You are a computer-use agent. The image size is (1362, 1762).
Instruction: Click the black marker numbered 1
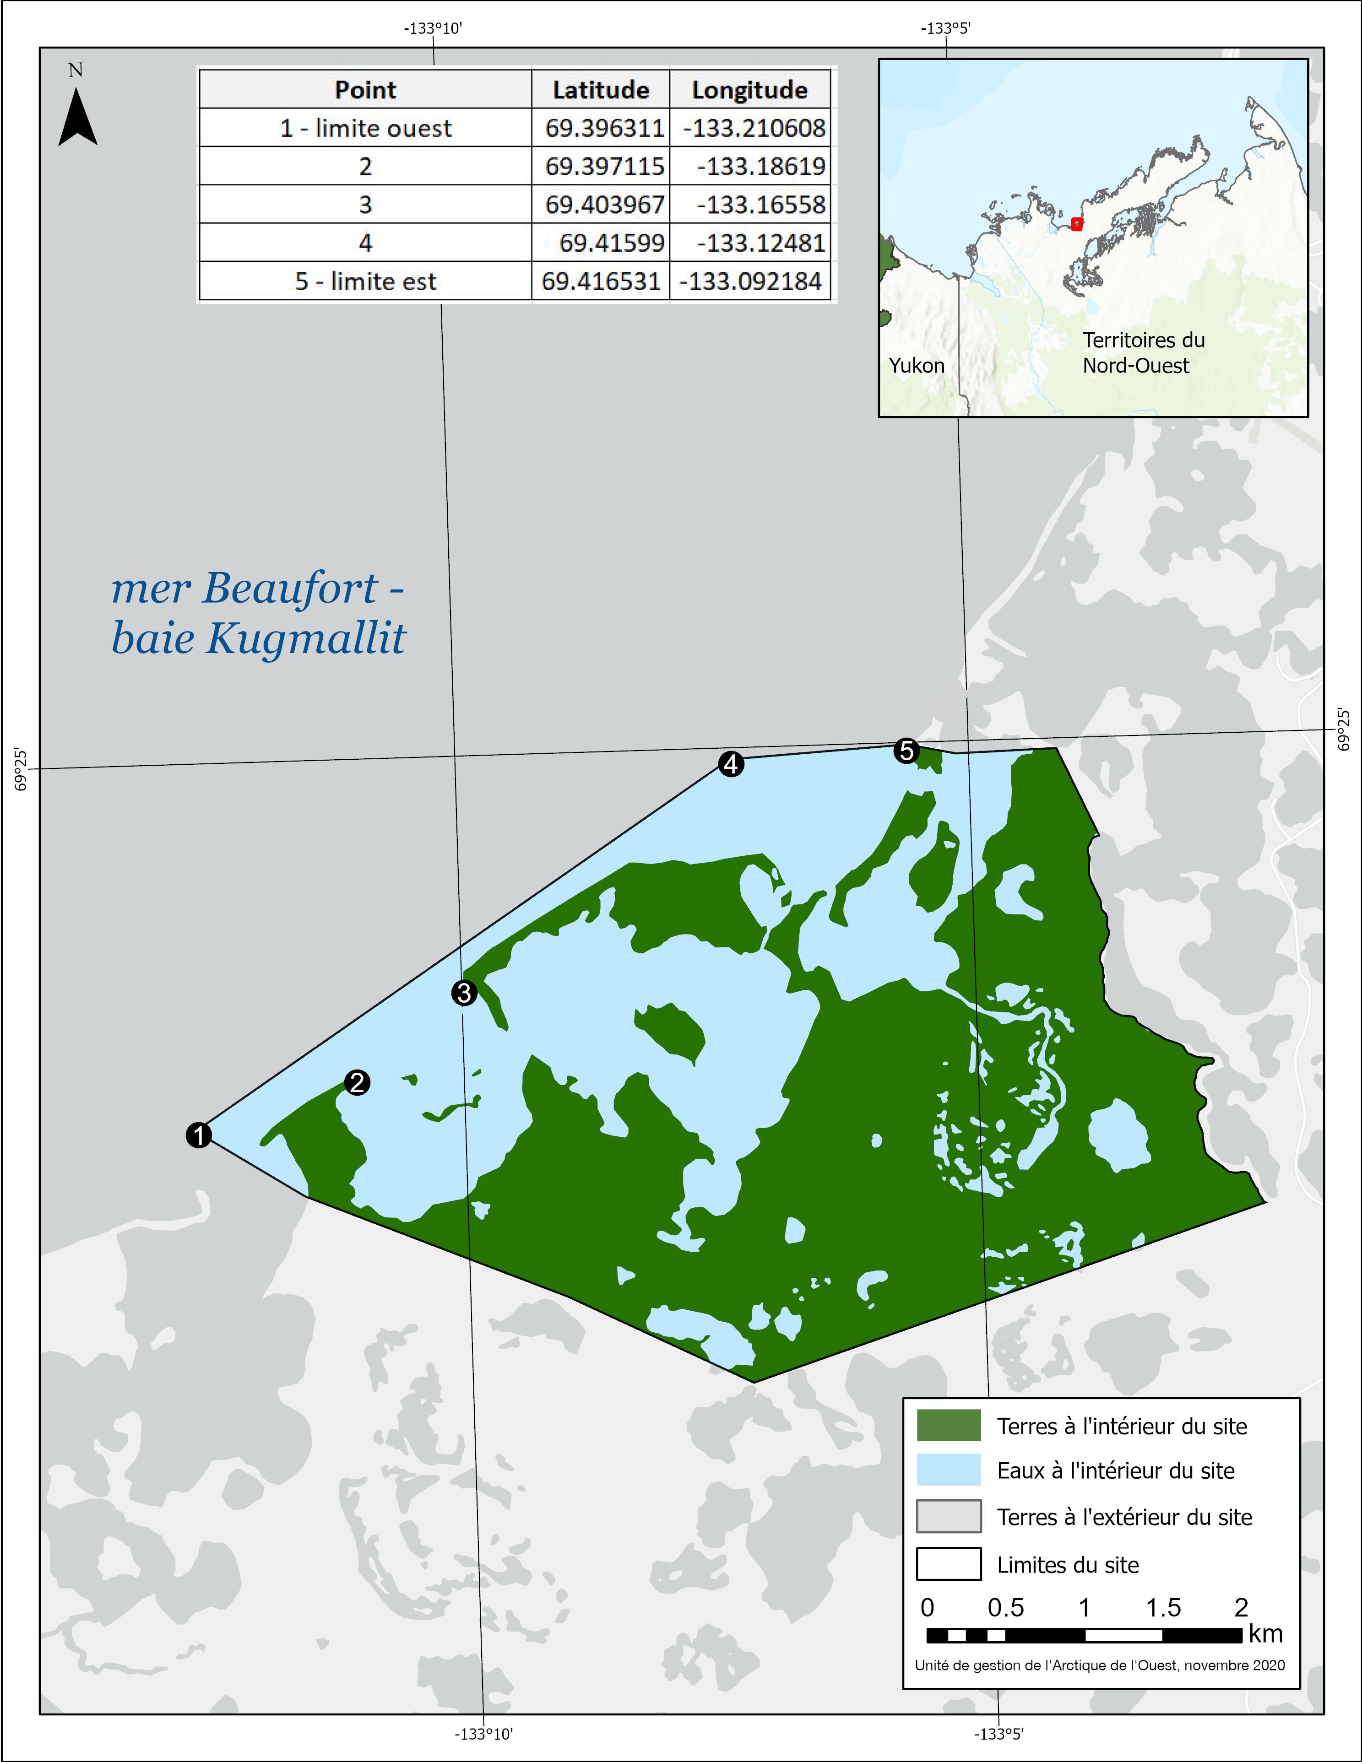[199, 1135]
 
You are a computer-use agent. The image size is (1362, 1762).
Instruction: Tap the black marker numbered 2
[358, 1083]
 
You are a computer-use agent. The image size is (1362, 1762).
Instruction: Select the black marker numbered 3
[464, 993]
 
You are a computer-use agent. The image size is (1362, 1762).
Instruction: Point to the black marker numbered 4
[731, 764]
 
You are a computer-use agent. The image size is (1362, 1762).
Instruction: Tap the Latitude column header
[600, 90]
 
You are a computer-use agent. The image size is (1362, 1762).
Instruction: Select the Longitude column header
[749, 90]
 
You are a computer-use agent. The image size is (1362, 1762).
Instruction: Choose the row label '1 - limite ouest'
[365, 128]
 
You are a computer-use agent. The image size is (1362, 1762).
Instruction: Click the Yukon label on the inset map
[917, 366]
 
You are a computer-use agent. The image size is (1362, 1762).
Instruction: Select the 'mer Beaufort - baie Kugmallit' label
[258, 613]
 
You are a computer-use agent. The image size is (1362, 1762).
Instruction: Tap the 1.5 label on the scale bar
[1163, 1607]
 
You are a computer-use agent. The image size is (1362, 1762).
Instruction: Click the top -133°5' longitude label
[946, 29]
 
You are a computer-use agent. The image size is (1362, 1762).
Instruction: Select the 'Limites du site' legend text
[1068, 1565]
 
